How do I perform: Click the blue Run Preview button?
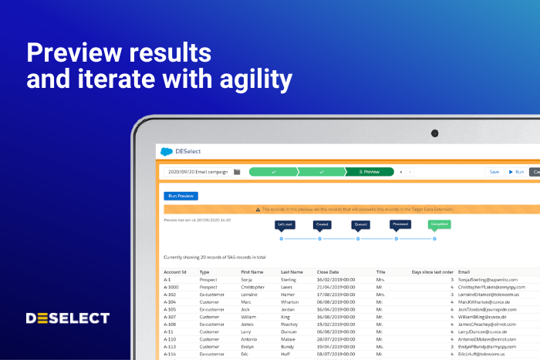[x=181, y=196]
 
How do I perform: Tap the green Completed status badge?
[x=439, y=225]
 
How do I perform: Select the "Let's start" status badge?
[x=285, y=225]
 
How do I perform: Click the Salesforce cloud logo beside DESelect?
[x=166, y=152]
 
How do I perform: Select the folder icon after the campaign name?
[x=238, y=172]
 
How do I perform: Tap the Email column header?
[x=464, y=272]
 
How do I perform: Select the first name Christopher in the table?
[x=255, y=288]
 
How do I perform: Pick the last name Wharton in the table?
[x=290, y=302]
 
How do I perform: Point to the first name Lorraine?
[x=251, y=294]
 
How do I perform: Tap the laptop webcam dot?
[x=434, y=133]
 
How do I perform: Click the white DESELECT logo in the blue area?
[x=68, y=318]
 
